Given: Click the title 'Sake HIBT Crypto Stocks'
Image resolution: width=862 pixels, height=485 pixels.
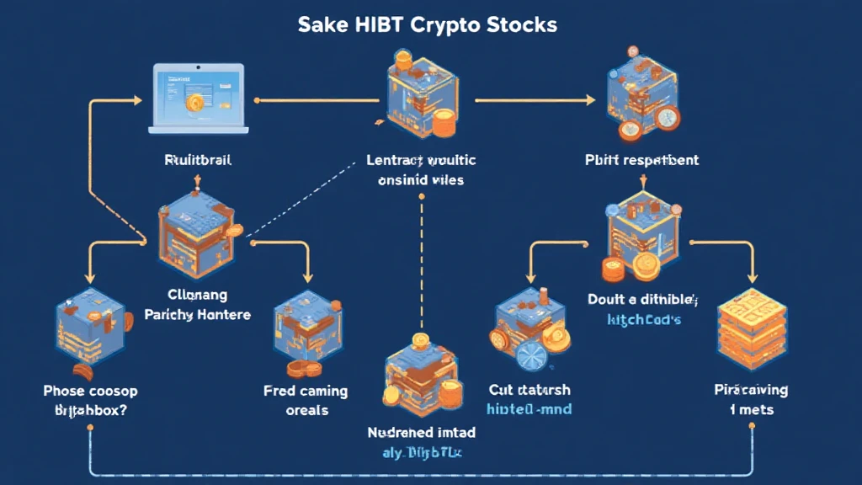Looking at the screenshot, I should tap(427, 24).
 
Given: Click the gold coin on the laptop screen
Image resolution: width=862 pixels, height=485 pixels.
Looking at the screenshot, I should tap(194, 104).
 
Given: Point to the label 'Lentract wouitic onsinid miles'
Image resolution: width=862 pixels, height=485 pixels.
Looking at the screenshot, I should tap(421, 168).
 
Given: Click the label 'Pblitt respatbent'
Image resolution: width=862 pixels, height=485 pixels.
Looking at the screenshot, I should tap(642, 159).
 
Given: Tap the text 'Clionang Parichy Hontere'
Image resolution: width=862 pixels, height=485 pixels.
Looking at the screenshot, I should tap(199, 305).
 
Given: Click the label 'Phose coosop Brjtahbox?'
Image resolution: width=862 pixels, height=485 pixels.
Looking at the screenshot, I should tap(90, 399).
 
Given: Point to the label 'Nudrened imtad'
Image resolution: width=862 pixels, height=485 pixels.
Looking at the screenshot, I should tap(421, 433).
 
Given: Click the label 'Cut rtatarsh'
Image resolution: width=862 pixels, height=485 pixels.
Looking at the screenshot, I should tap(529, 390).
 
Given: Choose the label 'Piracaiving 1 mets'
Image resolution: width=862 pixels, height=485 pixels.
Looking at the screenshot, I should tap(751, 399).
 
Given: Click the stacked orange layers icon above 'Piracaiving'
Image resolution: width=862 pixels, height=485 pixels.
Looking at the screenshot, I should tap(751, 333).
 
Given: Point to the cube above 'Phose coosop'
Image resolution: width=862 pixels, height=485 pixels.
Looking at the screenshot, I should tap(91, 330).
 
